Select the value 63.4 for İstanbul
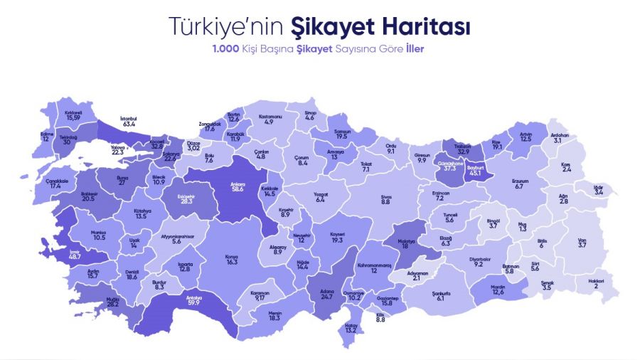coord(129,124)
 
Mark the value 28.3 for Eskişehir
coord(187,201)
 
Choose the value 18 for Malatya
coord(406,246)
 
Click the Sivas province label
coord(386,196)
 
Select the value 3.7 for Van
coord(582,245)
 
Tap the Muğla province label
coord(112,300)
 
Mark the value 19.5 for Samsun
coord(341,136)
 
